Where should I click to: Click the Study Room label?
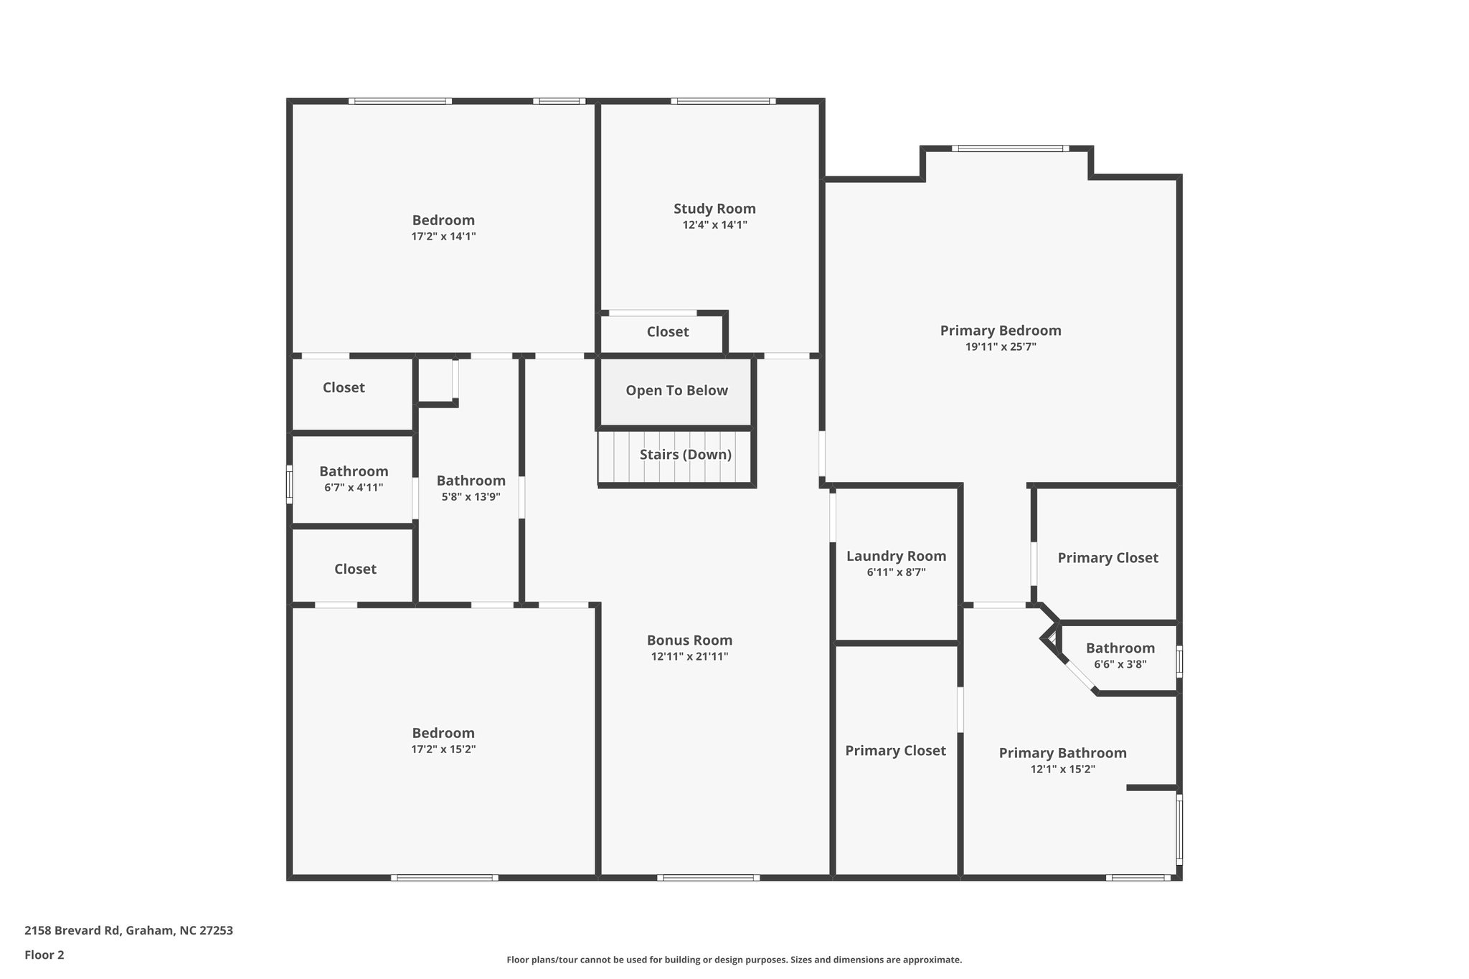point(714,209)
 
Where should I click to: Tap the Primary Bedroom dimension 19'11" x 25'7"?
point(1001,347)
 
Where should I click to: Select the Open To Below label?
point(676,391)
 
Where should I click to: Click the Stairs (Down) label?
point(685,455)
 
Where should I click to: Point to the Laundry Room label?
point(896,556)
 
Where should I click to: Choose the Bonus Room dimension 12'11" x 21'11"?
point(689,656)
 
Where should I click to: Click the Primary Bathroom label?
point(1062,753)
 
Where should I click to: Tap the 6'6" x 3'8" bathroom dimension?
point(1120,664)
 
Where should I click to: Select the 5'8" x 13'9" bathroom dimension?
point(471,496)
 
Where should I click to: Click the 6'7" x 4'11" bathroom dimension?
point(354,488)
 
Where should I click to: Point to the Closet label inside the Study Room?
point(667,332)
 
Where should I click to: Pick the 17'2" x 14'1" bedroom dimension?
point(443,237)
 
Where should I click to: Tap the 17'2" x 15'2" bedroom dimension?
point(443,749)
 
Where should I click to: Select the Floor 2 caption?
point(44,955)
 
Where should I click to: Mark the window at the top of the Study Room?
point(723,101)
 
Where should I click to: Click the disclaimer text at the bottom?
point(734,960)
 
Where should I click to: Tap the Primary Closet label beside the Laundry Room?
point(895,751)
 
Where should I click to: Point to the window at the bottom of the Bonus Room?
point(708,878)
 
